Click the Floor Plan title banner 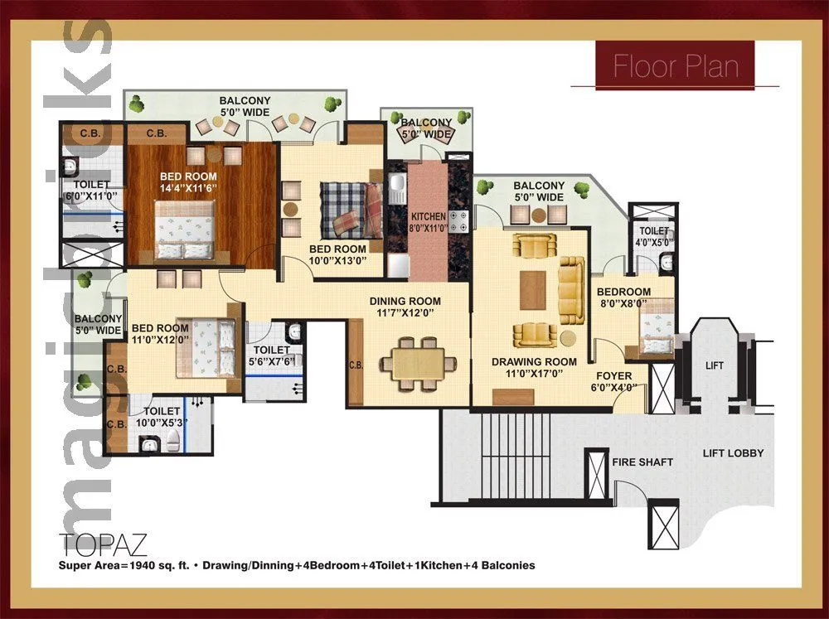pyautogui.click(x=675, y=65)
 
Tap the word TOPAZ pyautogui.click(x=104, y=544)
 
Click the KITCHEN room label pyautogui.click(x=429, y=222)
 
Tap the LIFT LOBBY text pyautogui.click(x=733, y=453)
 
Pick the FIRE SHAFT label pyautogui.click(x=642, y=462)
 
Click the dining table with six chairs pyautogui.click(x=418, y=363)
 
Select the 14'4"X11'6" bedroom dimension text pyautogui.click(x=189, y=188)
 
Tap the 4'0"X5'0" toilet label pyautogui.click(x=654, y=243)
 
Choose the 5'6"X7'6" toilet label pyautogui.click(x=274, y=362)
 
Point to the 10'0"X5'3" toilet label pyautogui.click(x=162, y=423)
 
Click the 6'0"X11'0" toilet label pyautogui.click(x=91, y=196)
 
